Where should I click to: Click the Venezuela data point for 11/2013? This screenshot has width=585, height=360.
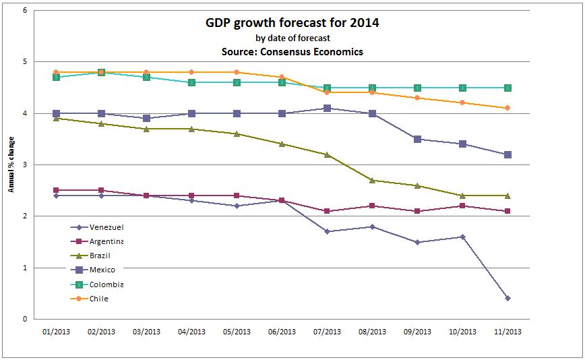click(x=507, y=298)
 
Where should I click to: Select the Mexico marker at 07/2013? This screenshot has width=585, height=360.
click(x=327, y=108)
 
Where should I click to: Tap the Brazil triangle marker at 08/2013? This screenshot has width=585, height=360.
click(x=372, y=180)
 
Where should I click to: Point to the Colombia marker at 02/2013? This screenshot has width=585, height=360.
click(x=102, y=72)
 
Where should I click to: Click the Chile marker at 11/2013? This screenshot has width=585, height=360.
click(x=507, y=108)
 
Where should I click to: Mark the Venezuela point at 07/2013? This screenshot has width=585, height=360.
click(x=327, y=231)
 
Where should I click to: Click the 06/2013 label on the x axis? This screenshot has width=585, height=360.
click(x=282, y=332)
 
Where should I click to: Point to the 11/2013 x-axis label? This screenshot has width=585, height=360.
click(x=507, y=332)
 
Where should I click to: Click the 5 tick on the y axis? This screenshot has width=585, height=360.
click(x=25, y=62)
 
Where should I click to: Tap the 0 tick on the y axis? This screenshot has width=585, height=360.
click(x=25, y=319)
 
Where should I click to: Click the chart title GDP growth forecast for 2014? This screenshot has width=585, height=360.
click(x=292, y=23)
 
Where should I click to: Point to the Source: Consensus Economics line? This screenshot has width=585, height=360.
click(x=292, y=51)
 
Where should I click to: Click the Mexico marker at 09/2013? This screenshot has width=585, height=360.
click(x=417, y=139)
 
